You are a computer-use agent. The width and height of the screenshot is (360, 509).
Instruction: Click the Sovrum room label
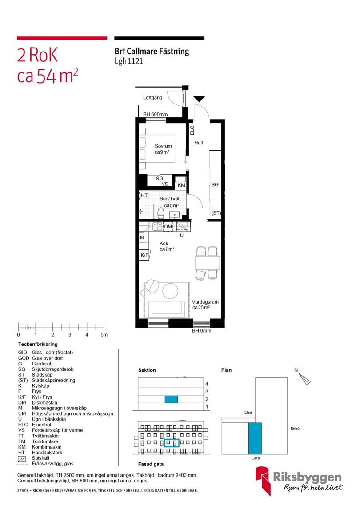[163, 146]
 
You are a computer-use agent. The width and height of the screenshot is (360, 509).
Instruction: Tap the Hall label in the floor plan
[198, 143]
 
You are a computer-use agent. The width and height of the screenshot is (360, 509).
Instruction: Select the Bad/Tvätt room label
[170, 199]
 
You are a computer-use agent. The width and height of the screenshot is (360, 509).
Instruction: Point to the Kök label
[164, 243]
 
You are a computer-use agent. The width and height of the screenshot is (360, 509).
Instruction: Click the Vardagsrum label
[205, 302]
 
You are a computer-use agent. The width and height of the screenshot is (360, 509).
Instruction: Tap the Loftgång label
[152, 97]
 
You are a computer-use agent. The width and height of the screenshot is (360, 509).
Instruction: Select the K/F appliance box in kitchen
[144, 255]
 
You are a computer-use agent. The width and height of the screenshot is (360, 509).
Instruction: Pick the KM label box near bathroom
[181, 185]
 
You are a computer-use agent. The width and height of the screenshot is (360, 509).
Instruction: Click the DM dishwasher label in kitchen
[168, 227]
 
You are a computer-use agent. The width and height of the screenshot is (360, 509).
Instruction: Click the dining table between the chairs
[207, 263]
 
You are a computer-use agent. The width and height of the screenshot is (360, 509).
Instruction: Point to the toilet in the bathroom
[161, 213]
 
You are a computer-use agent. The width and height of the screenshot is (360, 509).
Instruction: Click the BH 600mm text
[155, 115]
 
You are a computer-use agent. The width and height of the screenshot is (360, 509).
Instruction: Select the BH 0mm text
[201, 331]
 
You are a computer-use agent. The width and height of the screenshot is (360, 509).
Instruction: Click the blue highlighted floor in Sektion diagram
[171, 399]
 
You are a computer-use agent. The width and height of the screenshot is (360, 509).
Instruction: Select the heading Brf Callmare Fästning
[152, 52]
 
